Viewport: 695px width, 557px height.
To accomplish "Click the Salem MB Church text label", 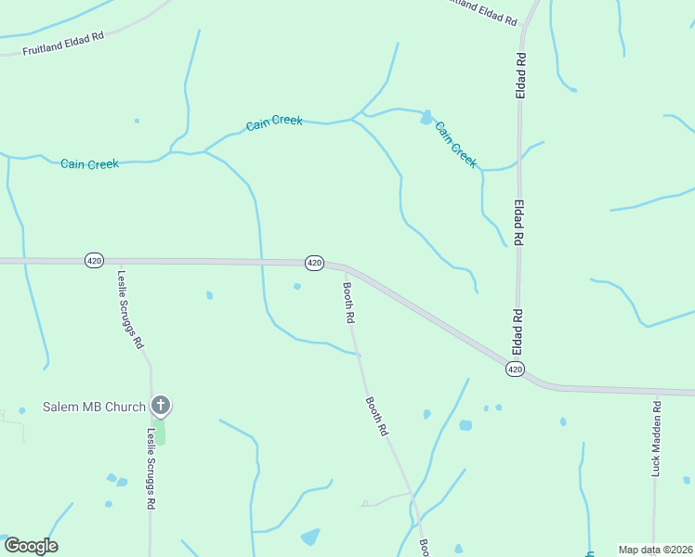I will (95, 407).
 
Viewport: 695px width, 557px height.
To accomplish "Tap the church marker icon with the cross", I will (161, 405).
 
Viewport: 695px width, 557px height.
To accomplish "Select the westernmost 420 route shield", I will (93, 259).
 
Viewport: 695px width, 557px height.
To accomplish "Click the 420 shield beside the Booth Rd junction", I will (314, 263).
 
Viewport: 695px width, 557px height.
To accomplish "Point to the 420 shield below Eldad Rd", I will (516, 369).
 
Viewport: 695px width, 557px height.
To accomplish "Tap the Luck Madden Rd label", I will (656, 438).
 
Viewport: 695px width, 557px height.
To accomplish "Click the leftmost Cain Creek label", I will (89, 164).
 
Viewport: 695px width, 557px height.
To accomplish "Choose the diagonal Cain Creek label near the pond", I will (456, 145).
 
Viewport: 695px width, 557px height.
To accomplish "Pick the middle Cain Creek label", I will (274, 123).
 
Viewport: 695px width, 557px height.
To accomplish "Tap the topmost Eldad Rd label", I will (522, 75).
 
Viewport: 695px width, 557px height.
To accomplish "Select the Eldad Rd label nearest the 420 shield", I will (518, 332).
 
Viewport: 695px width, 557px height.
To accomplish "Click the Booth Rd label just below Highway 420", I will (348, 303).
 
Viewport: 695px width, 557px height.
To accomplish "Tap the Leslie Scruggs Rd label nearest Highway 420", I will (130, 308).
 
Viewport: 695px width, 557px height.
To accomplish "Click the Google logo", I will (31, 546).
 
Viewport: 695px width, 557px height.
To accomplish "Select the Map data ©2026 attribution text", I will (654, 550).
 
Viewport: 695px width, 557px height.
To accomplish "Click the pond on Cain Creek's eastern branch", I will (426, 118).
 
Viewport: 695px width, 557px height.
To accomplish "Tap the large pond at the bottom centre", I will (309, 537).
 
